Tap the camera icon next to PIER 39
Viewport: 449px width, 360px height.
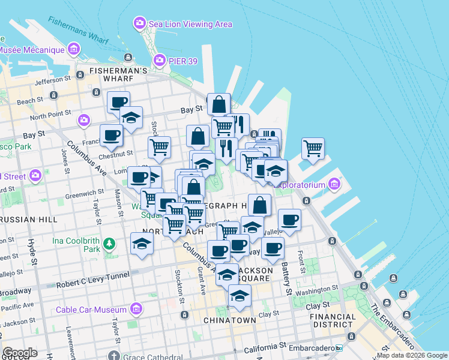pyautogui.click(x=159, y=59)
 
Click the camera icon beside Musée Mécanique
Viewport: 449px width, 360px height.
pyautogui.click(x=74, y=48)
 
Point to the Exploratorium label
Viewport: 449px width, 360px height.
pyautogui.click(x=308, y=185)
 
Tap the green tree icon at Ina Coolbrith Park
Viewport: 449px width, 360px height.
pyautogui.click(x=109, y=244)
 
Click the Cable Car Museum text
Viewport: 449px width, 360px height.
pyautogui.click(x=91, y=310)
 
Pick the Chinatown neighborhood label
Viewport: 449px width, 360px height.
pyautogui.click(x=229, y=320)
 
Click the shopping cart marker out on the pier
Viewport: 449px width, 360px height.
pyautogui.click(x=313, y=148)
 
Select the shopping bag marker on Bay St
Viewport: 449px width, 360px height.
pyautogui.click(x=218, y=104)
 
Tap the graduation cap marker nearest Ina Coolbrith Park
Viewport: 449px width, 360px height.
pyautogui.click(x=142, y=243)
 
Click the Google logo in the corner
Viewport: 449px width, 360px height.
pyautogui.click(x=20, y=353)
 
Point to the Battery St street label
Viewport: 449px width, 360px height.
pyautogui.click(x=288, y=281)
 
